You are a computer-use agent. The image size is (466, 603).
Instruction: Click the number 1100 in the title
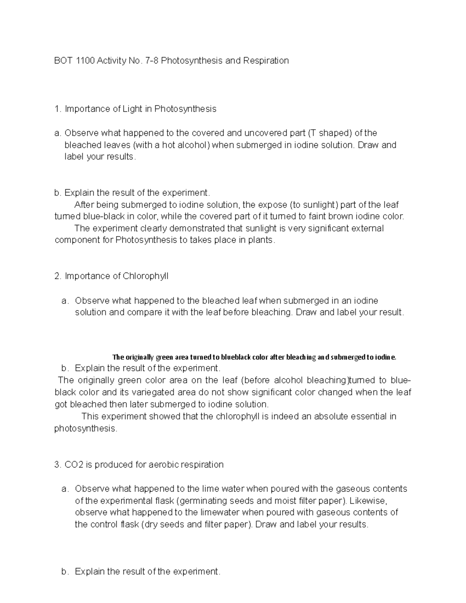click(x=85, y=61)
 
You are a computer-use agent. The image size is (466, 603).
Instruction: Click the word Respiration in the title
click(x=266, y=61)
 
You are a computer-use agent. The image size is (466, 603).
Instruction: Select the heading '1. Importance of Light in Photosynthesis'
click(x=136, y=109)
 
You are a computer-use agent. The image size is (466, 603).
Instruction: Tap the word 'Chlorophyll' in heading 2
click(x=146, y=276)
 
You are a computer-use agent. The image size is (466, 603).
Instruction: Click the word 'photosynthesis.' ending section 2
click(x=85, y=429)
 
